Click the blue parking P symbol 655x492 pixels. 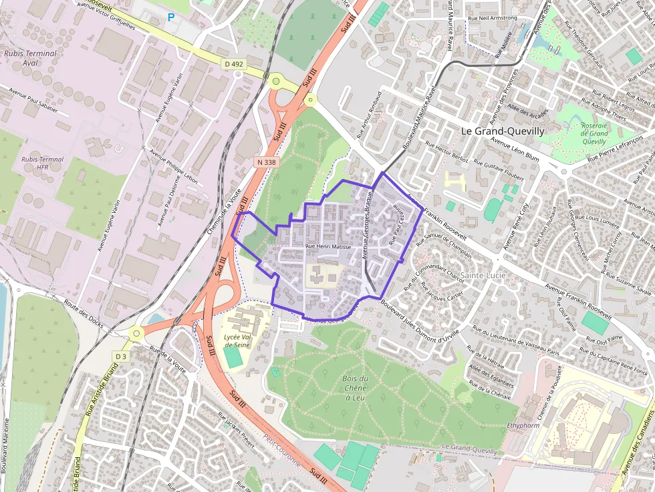(170, 17)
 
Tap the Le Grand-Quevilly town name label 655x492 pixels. (503, 131)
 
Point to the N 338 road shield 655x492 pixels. (265, 162)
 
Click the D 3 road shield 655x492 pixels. (120, 356)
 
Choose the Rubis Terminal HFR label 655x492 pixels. (42, 164)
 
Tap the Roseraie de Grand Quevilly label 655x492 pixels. (594, 133)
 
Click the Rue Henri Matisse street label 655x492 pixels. (327, 247)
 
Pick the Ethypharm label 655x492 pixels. (523, 425)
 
